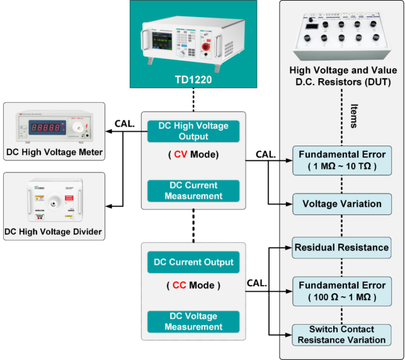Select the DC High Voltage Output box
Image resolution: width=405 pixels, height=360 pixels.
pos(185,131)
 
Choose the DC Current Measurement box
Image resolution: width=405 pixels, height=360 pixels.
pos(185,191)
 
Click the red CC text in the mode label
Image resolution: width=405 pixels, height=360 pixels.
pos(180,285)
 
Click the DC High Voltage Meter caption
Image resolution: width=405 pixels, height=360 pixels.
pos(53,152)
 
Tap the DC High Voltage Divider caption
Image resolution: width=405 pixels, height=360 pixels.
pos(53,232)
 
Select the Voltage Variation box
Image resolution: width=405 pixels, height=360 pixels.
pos(342,204)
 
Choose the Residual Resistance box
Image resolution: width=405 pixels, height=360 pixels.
pos(341,247)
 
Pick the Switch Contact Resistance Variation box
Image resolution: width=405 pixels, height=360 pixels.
pos(342,334)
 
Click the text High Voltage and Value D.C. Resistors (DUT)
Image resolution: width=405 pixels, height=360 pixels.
pos(343,76)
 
